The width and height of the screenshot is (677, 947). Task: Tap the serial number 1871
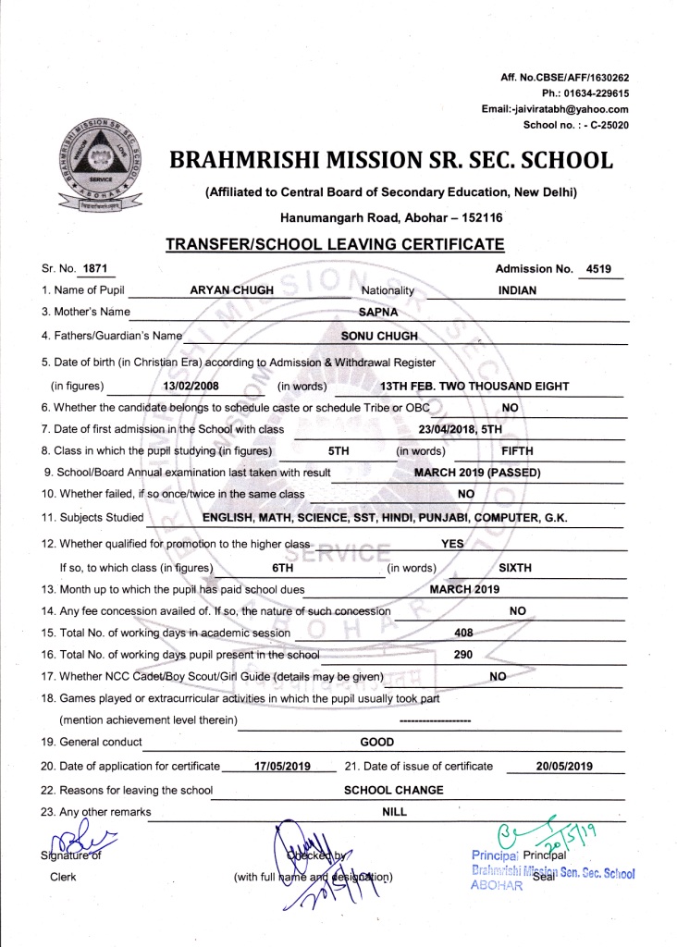coord(94,269)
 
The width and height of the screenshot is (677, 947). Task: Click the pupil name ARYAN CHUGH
coord(231,290)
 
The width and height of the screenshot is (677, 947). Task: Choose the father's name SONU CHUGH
coord(380,336)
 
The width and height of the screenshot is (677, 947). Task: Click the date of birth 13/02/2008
coord(189,386)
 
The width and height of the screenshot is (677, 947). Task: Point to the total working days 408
coord(464,633)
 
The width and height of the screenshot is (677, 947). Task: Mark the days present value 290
coord(463,655)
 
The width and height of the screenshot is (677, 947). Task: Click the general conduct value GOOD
coord(376,742)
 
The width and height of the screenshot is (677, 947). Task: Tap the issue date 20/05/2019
coord(564,766)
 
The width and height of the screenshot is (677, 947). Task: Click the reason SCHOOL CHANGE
coord(393,790)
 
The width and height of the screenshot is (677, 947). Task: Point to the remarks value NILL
coord(394,812)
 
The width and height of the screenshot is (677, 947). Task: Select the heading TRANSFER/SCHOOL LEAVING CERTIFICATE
coord(334,245)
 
